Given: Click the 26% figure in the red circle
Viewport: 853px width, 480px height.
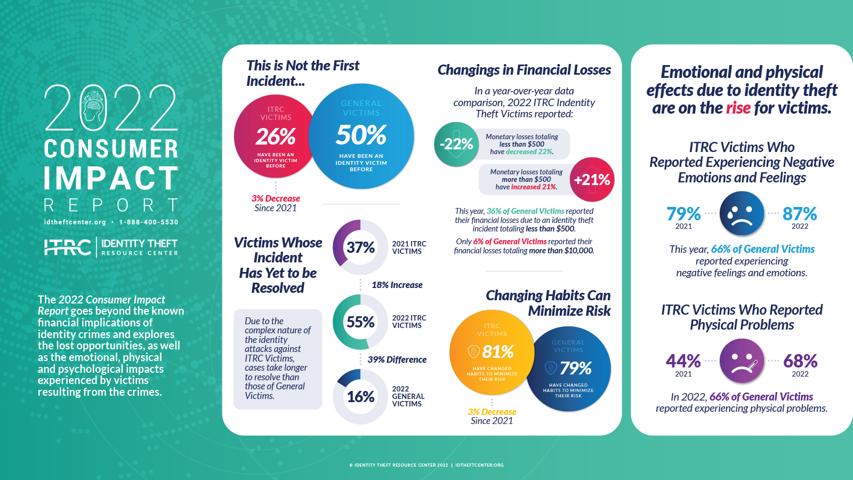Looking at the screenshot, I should pyautogui.click(x=276, y=137).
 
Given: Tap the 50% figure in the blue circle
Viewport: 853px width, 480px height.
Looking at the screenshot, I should pyautogui.click(x=361, y=135).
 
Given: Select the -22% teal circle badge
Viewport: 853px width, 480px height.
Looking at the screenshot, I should pyautogui.click(x=456, y=144).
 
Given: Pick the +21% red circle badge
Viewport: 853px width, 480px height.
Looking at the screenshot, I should pyautogui.click(x=592, y=180).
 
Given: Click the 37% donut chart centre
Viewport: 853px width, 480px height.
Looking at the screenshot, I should pyautogui.click(x=360, y=247).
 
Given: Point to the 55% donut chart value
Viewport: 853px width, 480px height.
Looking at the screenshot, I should pyautogui.click(x=360, y=322).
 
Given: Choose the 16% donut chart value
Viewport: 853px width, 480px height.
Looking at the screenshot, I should pyautogui.click(x=360, y=397).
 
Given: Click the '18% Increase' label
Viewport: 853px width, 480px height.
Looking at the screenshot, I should pyautogui.click(x=397, y=285).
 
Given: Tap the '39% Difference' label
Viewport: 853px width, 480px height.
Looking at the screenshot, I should pyautogui.click(x=397, y=359).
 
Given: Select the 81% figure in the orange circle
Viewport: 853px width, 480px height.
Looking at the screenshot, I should pyautogui.click(x=498, y=352).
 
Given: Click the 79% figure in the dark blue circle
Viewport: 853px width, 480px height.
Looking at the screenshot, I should pyautogui.click(x=576, y=368).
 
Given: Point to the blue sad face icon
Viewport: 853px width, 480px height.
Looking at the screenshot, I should pyautogui.click(x=742, y=214).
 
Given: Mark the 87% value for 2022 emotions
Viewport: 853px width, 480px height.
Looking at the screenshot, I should pyautogui.click(x=800, y=214).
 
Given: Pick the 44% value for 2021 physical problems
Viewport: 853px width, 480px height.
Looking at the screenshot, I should pyautogui.click(x=683, y=361).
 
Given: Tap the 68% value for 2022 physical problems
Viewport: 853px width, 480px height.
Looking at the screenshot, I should pyautogui.click(x=800, y=361).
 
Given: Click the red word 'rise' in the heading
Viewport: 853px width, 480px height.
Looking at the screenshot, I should pyautogui.click(x=738, y=108).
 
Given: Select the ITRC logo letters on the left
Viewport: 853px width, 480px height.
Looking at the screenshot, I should pyautogui.click(x=68, y=247).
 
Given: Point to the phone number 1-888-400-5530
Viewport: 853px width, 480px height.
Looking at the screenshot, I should pyautogui.click(x=149, y=222).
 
